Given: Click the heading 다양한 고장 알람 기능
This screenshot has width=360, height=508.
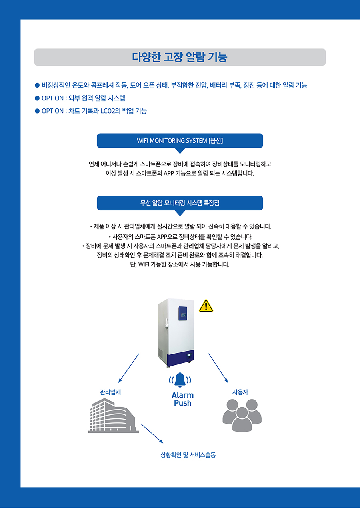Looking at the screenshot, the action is coord(180,57).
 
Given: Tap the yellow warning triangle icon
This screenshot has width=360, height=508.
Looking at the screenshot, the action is coord(206,306).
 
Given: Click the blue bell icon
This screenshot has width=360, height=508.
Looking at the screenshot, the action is coord(180,380).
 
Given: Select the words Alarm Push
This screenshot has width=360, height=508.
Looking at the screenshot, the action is coord(183,399).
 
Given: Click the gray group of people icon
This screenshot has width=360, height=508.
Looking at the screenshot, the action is coord(242,415).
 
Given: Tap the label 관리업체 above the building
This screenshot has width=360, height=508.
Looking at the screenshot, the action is coord(110,392).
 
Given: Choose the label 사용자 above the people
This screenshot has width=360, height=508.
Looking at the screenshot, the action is coord(240,392).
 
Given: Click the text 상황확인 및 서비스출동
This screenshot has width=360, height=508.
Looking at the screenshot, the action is coord(188,455).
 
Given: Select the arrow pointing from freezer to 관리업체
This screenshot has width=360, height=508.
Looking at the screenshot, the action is coord(129,368).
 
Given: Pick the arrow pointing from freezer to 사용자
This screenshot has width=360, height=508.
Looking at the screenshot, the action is coord(218,368).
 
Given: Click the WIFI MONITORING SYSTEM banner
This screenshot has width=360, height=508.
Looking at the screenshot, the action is coord(180,141).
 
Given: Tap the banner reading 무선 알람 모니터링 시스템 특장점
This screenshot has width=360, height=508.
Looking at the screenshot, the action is coord(180,203).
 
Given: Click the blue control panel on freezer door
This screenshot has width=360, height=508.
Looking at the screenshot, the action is coord(183,313).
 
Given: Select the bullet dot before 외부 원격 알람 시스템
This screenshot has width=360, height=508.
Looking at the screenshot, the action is coord(37,98).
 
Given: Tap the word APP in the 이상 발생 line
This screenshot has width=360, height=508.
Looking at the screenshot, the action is coord(169,174).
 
